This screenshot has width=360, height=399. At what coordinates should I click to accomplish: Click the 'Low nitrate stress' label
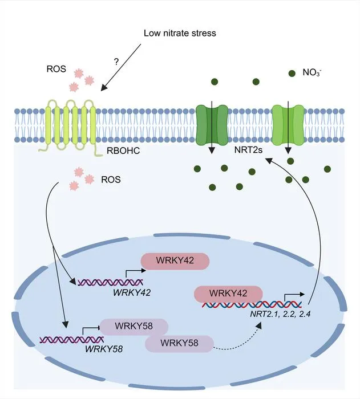pyautogui.click(x=180, y=33)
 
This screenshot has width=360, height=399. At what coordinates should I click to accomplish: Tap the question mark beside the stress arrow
pyautogui.click(x=116, y=62)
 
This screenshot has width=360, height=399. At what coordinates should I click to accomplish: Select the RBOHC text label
pyautogui.click(x=123, y=150)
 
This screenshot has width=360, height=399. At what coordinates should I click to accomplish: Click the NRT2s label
pyautogui.click(x=248, y=149)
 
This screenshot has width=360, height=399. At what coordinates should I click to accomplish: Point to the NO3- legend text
pyautogui.click(x=312, y=72)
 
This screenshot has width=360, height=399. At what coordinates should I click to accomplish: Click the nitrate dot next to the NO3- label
pyautogui.click(x=292, y=74)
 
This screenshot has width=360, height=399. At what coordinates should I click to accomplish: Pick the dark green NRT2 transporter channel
pyautogui.click(x=212, y=125)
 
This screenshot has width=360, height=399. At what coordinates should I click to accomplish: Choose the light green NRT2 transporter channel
pyautogui.click(x=288, y=125)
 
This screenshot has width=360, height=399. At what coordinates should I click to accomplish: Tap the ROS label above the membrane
pyautogui.click(x=56, y=69)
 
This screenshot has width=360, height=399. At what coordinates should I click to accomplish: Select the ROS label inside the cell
pyautogui.click(x=111, y=180)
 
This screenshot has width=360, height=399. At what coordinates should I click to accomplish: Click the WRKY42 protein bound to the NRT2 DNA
pyautogui.click(x=228, y=294)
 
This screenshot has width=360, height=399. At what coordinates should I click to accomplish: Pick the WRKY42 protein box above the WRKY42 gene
pyautogui.click(x=175, y=261)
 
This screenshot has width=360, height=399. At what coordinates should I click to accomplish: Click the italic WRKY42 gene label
pyautogui.click(x=132, y=292)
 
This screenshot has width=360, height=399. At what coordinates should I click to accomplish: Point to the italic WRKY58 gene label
pyautogui.click(x=104, y=349)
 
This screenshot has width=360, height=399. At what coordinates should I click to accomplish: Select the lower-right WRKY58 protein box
pyautogui.click(x=179, y=344)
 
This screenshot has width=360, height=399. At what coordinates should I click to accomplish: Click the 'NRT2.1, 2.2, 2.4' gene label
pyautogui.click(x=280, y=314)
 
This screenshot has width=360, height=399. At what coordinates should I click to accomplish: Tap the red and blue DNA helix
pyautogui.click(x=252, y=304)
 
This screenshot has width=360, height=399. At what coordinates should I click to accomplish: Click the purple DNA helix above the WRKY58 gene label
pyautogui.click(x=72, y=340)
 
